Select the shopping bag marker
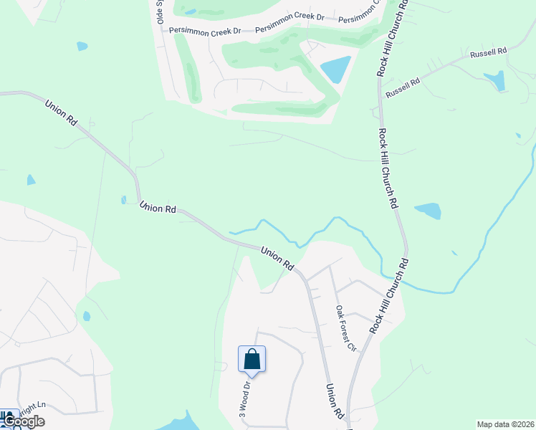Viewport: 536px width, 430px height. (252, 358)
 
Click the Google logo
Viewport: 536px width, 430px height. (23, 421)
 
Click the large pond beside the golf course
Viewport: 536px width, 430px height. (336, 70)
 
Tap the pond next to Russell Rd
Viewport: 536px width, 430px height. (495, 80)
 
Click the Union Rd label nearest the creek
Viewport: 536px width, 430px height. (277, 259)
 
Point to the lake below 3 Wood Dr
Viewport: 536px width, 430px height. (183, 422)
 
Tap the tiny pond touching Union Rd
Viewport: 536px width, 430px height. (124, 200)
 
